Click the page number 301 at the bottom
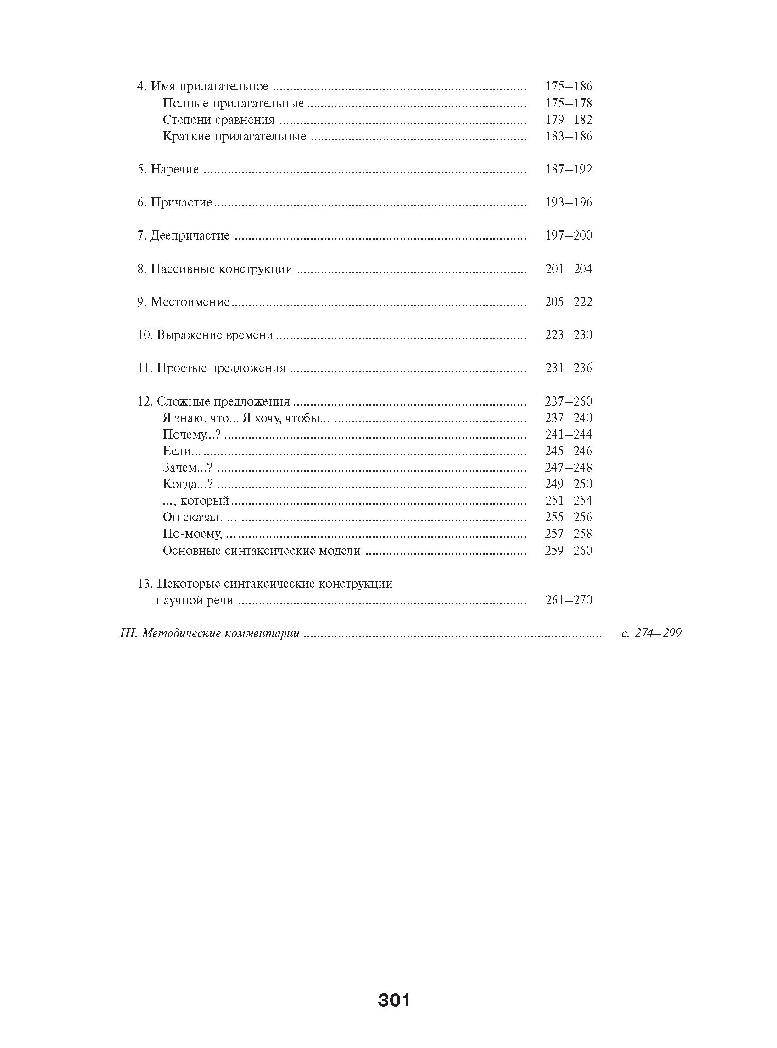[394, 1000]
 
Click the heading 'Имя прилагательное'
[209, 87]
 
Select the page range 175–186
[568, 87]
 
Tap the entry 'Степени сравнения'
[219, 120]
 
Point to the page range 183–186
[568, 136]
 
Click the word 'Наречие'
[174, 169]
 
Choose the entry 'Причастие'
[181, 203]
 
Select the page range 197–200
[568, 235]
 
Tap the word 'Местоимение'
[190, 302]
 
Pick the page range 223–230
[568, 335]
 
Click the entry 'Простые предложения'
[221, 368]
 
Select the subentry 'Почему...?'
[191, 435]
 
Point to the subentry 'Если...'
[182, 452]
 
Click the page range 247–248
[568, 468]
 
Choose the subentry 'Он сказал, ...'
[199, 518]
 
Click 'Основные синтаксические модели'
[262, 551]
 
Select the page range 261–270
[568, 601]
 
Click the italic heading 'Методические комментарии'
[220, 634]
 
